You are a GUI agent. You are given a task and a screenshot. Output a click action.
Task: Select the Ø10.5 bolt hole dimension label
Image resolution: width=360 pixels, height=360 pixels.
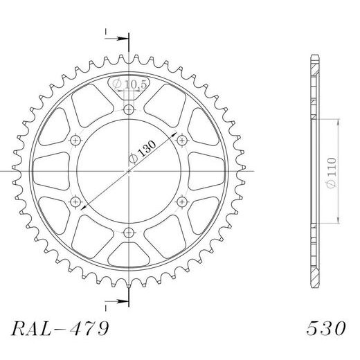[x=129, y=84]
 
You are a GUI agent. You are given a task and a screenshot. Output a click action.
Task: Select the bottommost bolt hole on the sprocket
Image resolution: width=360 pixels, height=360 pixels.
[x=129, y=233]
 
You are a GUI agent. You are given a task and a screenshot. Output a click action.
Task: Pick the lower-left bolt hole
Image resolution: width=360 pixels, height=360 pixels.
[x=76, y=201]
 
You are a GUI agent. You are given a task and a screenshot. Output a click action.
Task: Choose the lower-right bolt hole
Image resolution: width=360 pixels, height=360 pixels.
[x=183, y=201]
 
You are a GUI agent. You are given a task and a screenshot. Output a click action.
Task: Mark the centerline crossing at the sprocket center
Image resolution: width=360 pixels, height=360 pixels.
[x=129, y=171]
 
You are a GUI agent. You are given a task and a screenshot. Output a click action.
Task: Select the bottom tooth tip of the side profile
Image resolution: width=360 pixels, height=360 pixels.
[x=315, y=287]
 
